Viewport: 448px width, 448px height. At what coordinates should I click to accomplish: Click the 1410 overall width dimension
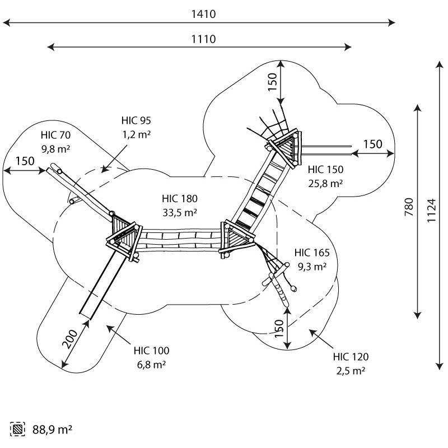tap(203, 14)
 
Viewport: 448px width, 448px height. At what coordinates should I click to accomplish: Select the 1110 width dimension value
tap(203, 39)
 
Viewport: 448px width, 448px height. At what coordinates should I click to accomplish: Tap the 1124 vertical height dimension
tap(431, 212)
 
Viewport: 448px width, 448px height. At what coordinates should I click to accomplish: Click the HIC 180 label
tap(180, 198)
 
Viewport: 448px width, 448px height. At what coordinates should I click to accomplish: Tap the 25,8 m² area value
tap(325, 183)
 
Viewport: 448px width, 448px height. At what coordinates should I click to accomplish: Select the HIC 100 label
tap(151, 351)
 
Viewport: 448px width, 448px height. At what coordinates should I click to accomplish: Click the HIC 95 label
tap(136, 121)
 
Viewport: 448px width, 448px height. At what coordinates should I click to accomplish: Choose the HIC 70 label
tap(56, 135)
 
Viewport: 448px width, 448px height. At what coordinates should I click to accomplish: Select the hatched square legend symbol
tap(18, 430)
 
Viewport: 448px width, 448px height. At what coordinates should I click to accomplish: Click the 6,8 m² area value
tap(151, 364)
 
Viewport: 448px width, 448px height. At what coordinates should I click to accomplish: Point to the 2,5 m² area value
tap(351, 370)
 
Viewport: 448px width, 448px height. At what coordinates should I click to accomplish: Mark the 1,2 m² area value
tap(136, 134)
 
